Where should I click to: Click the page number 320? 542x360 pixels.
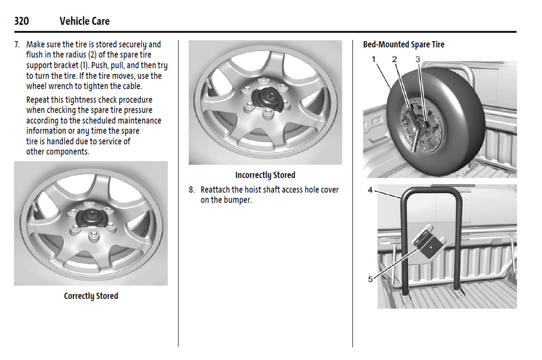coord(21,21)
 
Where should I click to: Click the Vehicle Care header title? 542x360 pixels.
coord(84,21)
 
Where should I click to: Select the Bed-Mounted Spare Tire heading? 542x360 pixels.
coord(403,44)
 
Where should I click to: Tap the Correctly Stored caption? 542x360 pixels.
coord(91,296)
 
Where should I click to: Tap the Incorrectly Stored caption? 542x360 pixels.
coord(265,175)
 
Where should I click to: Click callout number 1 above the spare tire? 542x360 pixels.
coord(374,59)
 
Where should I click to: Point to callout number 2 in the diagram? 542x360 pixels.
coord(394,59)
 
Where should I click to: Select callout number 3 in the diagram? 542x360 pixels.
coord(417,59)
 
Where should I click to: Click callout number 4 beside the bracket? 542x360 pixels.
coord(370,190)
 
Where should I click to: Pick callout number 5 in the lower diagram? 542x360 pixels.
coord(370,279)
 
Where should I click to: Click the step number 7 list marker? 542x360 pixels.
coord(17,44)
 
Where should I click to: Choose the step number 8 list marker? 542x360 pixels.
coord(192,190)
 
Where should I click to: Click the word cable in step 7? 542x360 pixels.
coord(132,86)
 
